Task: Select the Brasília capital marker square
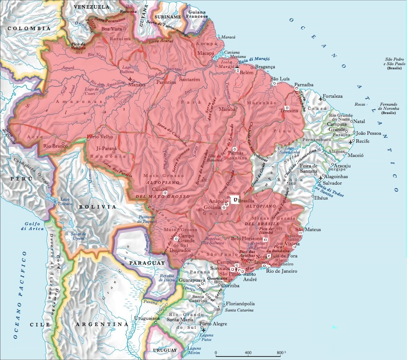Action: click(x=236, y=200)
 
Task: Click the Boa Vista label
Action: click(x=112, y=29)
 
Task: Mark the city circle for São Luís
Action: click(x=274, y=84)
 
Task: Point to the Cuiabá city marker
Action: click(x=165, y=192)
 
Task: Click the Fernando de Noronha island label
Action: click(x=388, y=106)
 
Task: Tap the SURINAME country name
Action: click(x=168, y=17)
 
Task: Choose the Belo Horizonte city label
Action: click(x=246, y=238)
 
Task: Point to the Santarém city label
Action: click(x=190, y=79)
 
